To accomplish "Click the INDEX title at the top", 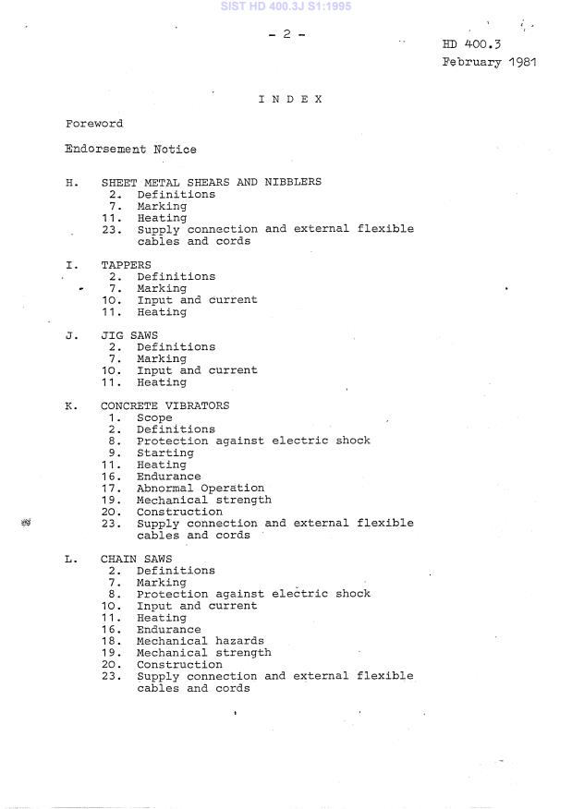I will [x=290, y=99].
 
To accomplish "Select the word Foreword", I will [x=94, y=124].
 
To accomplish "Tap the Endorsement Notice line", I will [x=130, y=149].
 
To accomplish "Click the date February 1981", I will [x=489, y=63].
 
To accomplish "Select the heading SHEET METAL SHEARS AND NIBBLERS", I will [x=211, y=182].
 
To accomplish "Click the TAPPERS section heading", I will [x=127, y=264].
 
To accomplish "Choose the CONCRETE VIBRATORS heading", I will [x=164, y=405].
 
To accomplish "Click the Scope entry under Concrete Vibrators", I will [x=154, y=417].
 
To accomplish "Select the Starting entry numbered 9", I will [x=165, y=453].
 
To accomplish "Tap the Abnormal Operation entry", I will [x=201, y=489].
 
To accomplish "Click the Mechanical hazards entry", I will [x=200, y=641].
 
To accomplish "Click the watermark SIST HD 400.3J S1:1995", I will [x=286, y=6].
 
